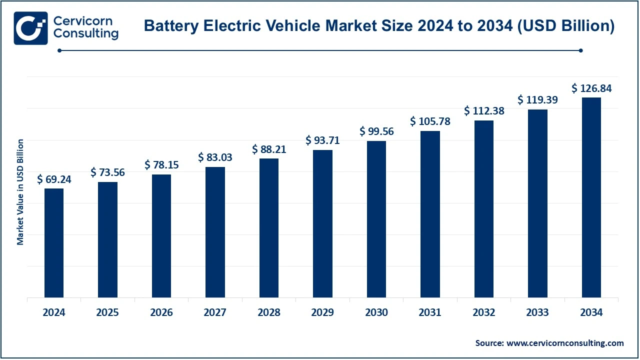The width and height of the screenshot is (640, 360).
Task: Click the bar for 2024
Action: pos(54,243)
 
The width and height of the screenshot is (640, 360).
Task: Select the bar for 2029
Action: pos(322,223)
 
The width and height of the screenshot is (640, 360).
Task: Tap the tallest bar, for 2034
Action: pos(591,197)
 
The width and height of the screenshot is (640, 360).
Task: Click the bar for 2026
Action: pos(161,236)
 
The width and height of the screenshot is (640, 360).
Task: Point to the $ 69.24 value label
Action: pos(54,179)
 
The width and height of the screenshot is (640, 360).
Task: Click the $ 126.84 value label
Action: pos(591,88)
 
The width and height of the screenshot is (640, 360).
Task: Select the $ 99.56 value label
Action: pos(376,131)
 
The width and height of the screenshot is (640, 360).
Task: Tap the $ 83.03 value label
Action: pos(215,157)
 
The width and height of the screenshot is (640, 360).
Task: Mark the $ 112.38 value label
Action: pos(484,111)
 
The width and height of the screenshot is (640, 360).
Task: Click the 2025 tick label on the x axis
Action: pos(107,312)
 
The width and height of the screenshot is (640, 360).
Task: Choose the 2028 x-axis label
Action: pos(269,312)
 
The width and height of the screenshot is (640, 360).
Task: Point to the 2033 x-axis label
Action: pos(538,312)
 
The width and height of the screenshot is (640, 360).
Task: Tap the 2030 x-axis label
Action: pos(376,312)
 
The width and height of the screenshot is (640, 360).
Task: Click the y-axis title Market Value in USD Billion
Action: pos(20,192)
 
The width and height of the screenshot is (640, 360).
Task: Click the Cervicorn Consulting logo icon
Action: pos(30,28)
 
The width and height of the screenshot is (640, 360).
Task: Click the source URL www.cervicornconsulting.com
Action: pos(565,343)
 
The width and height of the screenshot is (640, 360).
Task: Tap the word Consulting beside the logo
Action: pos(85,34)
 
